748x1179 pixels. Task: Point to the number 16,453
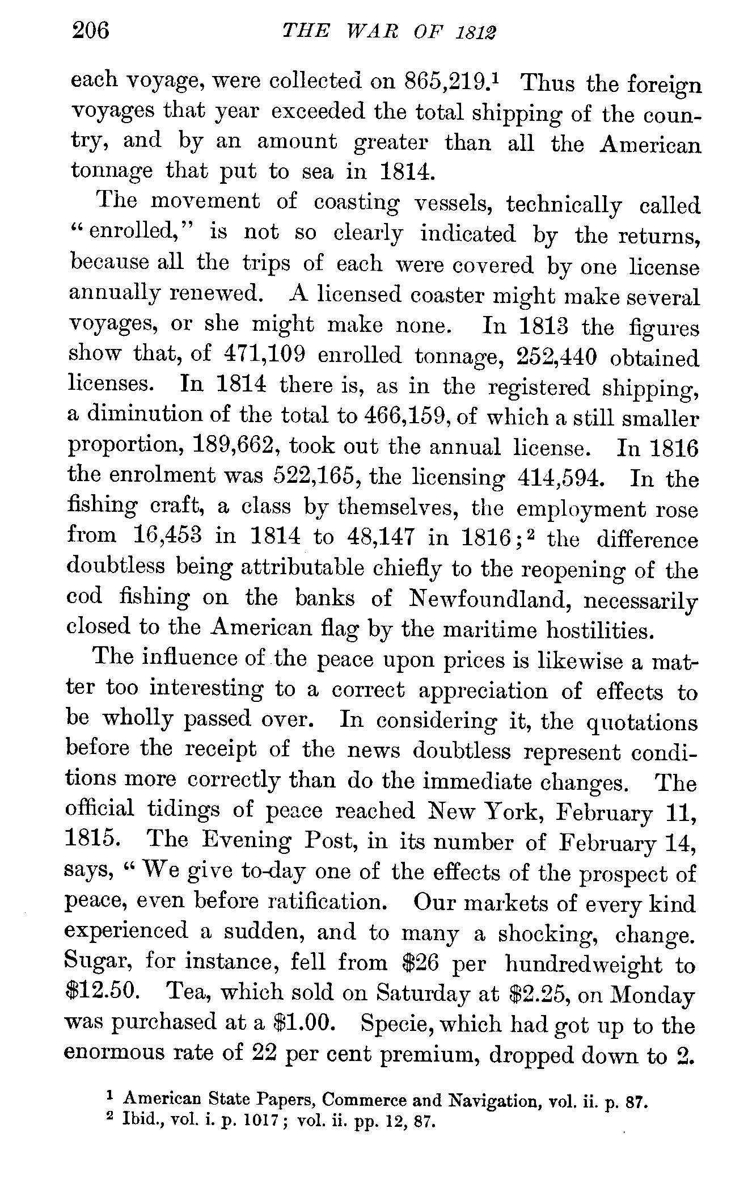click(x=168, y=536)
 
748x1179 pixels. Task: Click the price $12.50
click(x=101, y=992)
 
